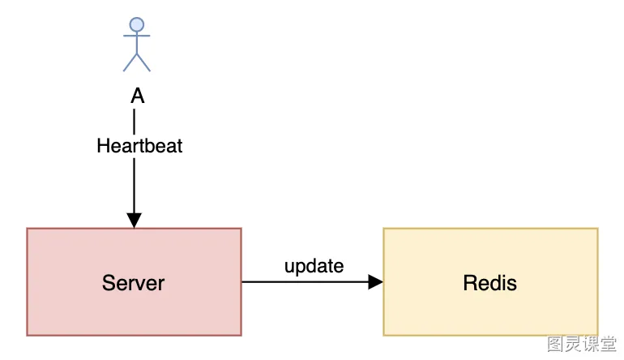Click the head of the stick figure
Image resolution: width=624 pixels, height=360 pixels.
[x=136, y=24]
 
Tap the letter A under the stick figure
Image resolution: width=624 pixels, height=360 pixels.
[x=137, y=96]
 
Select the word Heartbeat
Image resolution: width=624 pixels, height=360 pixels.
[x=139, y=146]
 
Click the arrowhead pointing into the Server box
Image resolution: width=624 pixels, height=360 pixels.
[x=134, y=221]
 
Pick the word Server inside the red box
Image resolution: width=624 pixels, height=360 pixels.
[x=134, y=283]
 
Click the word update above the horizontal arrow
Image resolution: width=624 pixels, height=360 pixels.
[x=314, y=266]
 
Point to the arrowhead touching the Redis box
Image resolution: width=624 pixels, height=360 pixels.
[x=375, y=282]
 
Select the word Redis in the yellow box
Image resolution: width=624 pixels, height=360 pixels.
[x=490, y=283]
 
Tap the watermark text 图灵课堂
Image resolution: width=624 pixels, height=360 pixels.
[x=581, y=344]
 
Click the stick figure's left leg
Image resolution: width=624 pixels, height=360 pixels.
[x=130, y=62]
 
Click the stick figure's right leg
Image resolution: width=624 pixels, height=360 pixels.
[x=143, y=62]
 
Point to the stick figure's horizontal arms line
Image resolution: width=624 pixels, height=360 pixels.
[x=136, y=36]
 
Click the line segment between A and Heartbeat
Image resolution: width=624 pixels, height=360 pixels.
[x=134, y=122]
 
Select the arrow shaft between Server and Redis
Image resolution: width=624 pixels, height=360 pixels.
[x=306, y=282]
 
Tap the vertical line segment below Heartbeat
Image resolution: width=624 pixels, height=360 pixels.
[x=134, y=186]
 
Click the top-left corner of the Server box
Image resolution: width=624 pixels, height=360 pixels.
[x=27, y=229]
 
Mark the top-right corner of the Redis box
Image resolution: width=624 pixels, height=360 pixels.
[x=598, y=229]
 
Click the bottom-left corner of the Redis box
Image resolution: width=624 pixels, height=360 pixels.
[x=383, y=336]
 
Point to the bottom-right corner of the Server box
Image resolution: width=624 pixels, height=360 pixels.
[x=241, y=336]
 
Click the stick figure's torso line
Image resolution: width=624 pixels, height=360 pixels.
[x=136, y=43]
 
